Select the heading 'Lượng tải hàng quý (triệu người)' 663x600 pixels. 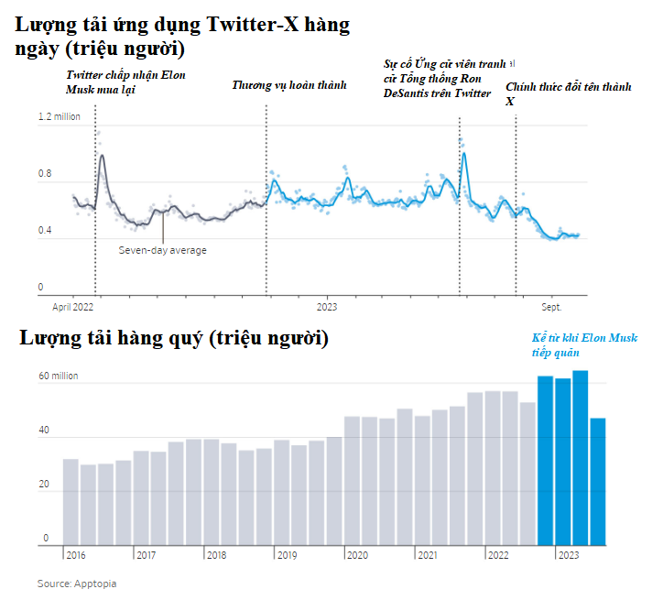coord(174,338)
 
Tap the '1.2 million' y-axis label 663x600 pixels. coord(59,117)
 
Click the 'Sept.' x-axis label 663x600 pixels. coord(551,308)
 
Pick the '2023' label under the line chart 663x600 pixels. coord(328,308)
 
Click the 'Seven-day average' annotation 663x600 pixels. coord(163,250)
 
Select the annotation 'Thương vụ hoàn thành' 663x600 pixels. coord(289,85)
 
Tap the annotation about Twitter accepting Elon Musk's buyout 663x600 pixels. coord(125,82)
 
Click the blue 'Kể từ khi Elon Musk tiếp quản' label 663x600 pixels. coord(584,344)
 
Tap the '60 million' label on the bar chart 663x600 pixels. coord(58,376)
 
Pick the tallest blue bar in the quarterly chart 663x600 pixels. coord(580,458)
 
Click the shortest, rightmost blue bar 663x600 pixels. coord(598,481)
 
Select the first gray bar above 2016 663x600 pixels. coord(71,502)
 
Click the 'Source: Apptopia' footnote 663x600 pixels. coord(77,584)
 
